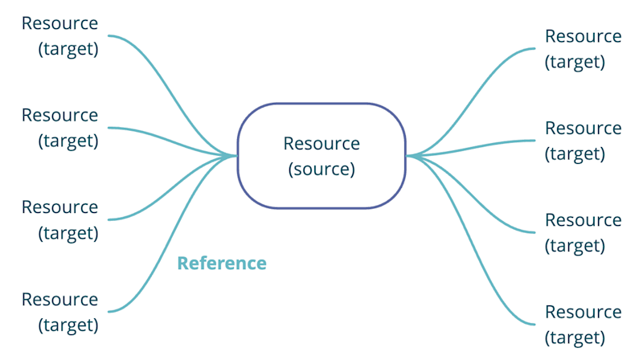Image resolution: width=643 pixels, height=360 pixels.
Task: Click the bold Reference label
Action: pos(222,263)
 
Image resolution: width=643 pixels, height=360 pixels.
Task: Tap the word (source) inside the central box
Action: pos(321,170)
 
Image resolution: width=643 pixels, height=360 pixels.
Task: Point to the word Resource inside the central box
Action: pos(321,144)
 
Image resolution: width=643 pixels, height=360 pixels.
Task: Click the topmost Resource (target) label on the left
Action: pos(60,35)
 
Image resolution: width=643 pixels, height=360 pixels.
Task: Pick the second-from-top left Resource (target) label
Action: pos(60,127)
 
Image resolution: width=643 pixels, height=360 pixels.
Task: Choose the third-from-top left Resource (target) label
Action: pos(60,219)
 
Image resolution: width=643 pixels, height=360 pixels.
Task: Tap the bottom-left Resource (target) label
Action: pos(60,312)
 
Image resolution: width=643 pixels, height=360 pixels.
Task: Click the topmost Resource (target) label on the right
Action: pos(583,48)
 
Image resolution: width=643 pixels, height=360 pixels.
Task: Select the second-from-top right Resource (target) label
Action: pos(583,140)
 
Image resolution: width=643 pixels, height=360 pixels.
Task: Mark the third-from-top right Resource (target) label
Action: pos(583,232)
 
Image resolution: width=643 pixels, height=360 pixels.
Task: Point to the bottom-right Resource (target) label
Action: pos(583,324)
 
